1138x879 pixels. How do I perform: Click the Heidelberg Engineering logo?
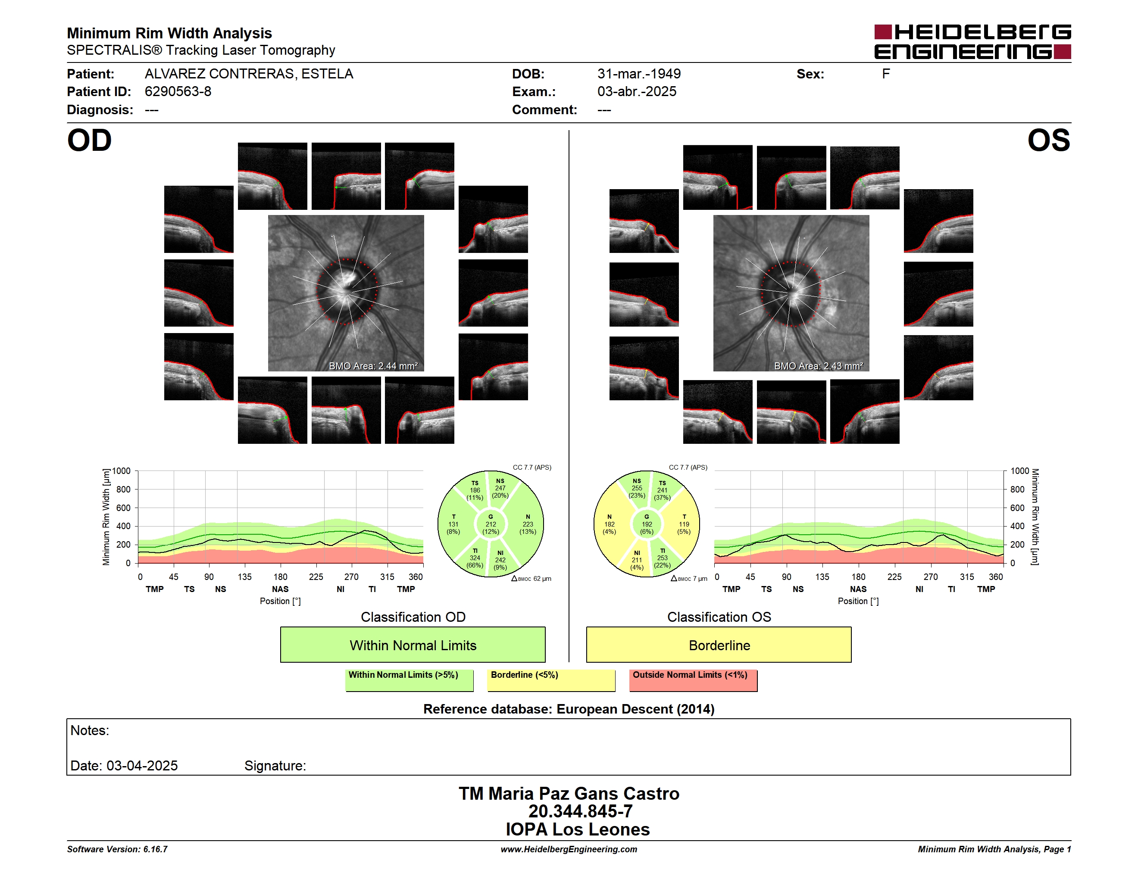pyautogui.click(x=972, y=42)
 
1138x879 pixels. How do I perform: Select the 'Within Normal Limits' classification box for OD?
pyautogui.click(x=413, y=645)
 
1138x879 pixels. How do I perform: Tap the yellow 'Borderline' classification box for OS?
pyautogui.click(x=719, y=645)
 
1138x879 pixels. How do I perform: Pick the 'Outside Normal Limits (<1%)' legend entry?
pyautogui.click(x=693, y=680)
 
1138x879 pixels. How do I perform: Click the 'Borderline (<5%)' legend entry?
pyautogui.click(x=551, y=680)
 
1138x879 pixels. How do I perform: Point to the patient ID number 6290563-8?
pyautogui.click(x=178, y=92)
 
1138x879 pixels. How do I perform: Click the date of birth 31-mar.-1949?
pyautogui.click(x=639, y=74)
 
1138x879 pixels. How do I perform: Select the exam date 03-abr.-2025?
pyautogui.click(x=637, y=92)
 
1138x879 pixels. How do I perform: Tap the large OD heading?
pyautogui.click(x=89, y=140)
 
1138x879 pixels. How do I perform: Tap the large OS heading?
pyautogui.click(x=1049, y=140)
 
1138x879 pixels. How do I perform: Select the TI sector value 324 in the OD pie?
pyautogui.click(x=475, y=558)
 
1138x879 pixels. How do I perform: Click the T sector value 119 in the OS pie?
pyautogui.click(x=684, y=524)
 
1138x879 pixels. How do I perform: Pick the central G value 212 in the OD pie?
pyautogui.click(x=491, y=524)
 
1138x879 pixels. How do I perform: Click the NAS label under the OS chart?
pyautogui.click(x=858, y=589)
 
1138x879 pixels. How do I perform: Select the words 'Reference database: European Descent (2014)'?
pyautogui.click(x=569, y=709)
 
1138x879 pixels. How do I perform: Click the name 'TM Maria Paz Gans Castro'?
pyautogui.click(x=569, y=794)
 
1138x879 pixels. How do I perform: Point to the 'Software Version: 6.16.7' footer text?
pyautogui.click(x=117, y=849)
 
